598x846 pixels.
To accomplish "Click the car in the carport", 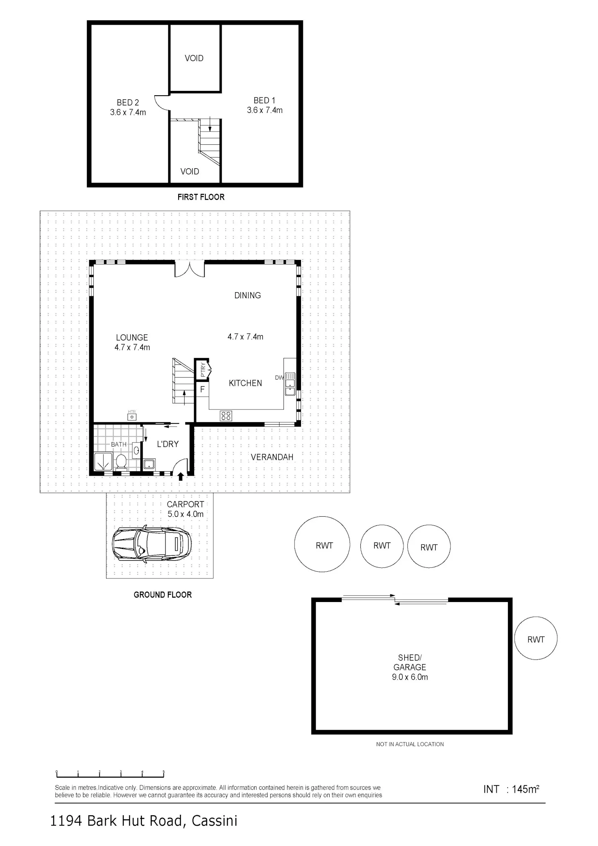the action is (151, 544).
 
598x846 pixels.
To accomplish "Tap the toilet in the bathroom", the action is (121, 462).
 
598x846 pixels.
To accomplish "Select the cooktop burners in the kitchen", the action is (226, 416).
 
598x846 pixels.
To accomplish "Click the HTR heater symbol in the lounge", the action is (132, 417).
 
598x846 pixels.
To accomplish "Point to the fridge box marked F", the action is (202, 390).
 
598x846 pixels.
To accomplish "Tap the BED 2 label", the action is (128, 102).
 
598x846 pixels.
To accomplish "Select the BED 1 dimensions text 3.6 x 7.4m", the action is (265, 110).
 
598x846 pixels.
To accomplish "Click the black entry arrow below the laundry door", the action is (181, 476).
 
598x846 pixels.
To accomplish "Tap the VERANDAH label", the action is (272, 457).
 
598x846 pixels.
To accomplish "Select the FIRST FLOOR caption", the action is (201, 197).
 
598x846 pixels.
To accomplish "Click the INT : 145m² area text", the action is (511, 789).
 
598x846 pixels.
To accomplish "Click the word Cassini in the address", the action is (214, 821).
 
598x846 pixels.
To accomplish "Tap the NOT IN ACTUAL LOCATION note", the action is (410, 744).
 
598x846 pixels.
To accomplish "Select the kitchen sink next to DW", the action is (290, 384).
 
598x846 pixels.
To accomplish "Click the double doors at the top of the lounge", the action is (190, 268).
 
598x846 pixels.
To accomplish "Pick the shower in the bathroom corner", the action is (104, 462).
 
